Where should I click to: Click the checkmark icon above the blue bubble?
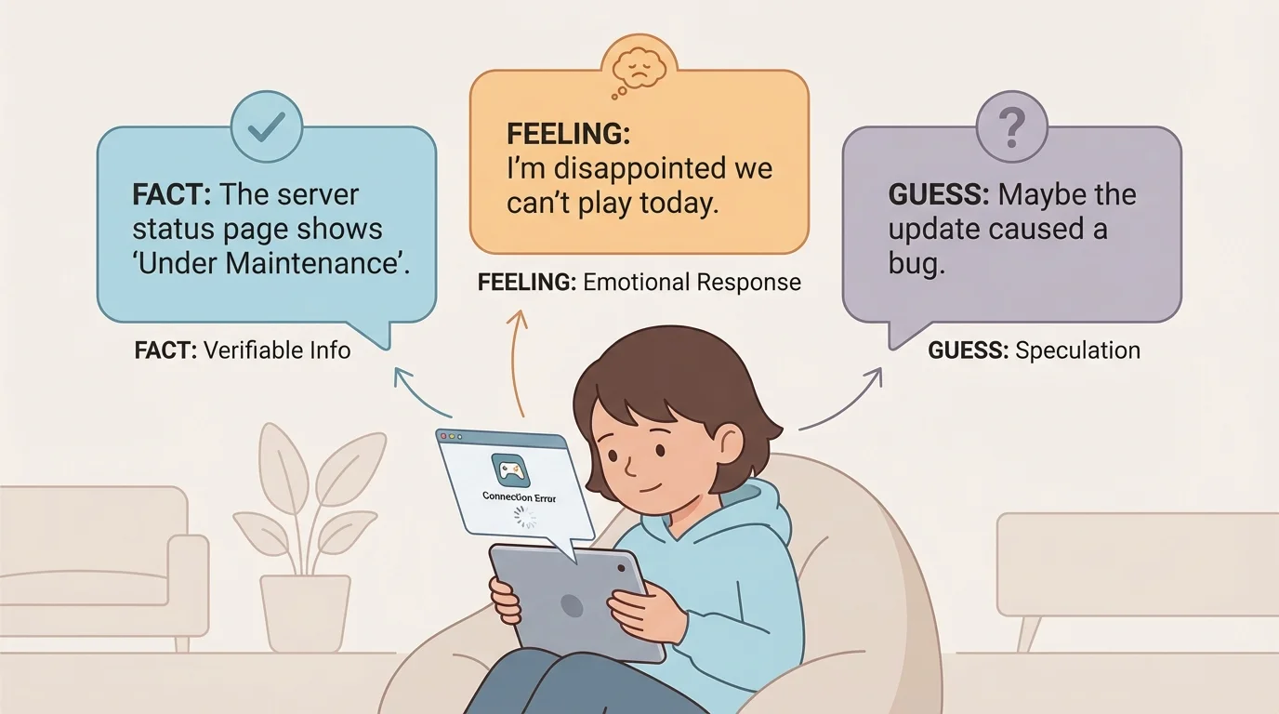pyautogui.click(x=267, y=128)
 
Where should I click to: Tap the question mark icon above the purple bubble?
pyautogui.click(x=1011, y=128)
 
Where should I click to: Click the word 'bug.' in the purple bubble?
pyautogui.click(x=916, y=263)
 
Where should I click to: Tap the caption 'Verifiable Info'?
pyautogui.click(x=277, y=350)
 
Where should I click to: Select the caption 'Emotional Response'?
pyautogui.click(x=692, y=283)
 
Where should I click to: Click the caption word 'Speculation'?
pyautogui.click(x=1077, y=350)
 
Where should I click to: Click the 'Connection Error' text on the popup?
pyautogui.click(x=520, y=498)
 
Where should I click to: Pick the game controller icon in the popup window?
pyautogui.click(x=509, y=470)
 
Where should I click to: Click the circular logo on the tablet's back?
pyautogui.click(x=572, y=606)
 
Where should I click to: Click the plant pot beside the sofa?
pyautogui.click(x=305, y=610)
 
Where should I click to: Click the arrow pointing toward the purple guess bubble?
pyautogui.click(x=841, y=400)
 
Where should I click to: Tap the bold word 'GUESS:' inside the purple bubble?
pyautogui.click(x=939, y=195)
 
